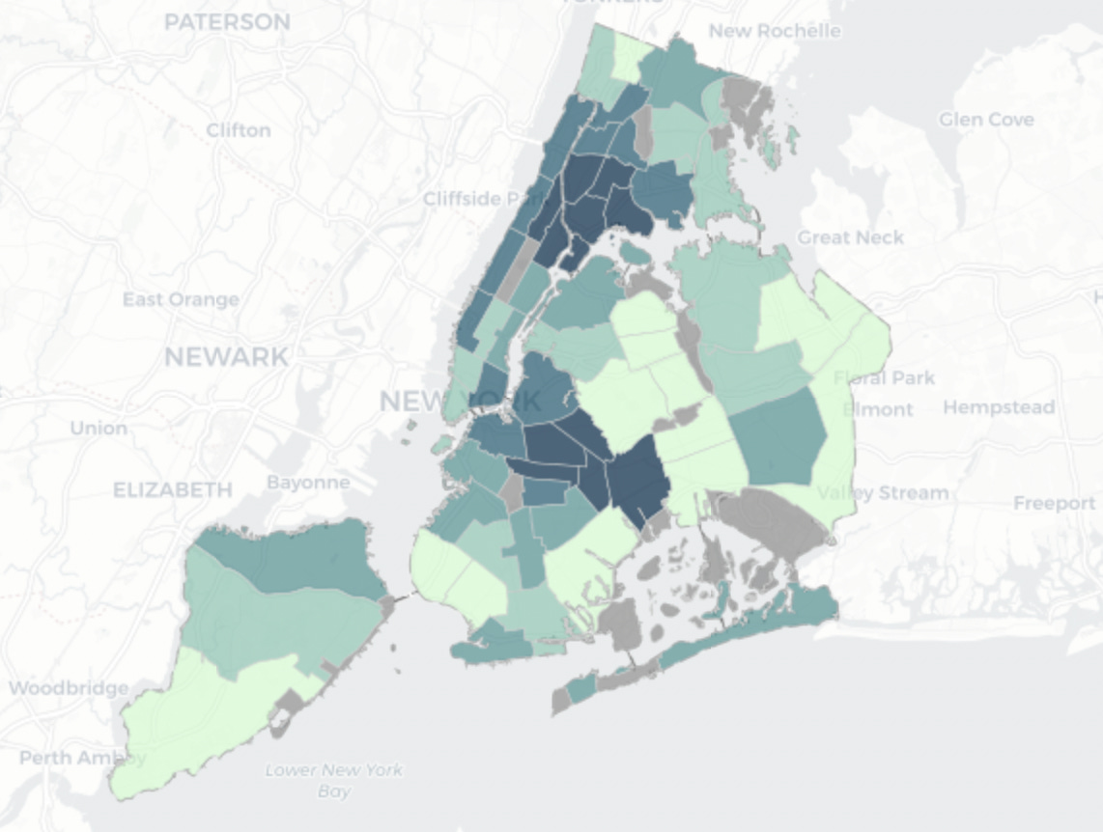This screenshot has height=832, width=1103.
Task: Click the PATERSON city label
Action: click(x=227, y=22)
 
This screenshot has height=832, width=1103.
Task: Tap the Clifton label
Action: click(x=239, y=129)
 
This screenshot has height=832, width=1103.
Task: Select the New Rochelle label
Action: click(x=775, y=31)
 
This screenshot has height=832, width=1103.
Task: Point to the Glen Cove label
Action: click(x=986, y=120)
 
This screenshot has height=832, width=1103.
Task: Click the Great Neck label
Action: click(x=850, y=237)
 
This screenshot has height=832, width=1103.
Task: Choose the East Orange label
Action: click(x=181, y=299)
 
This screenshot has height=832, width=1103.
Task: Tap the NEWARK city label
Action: click(x=226, y=357)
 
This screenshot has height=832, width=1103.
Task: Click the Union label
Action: click(x=99, y=428)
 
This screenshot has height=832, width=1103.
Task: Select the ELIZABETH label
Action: click(x=173, y=490)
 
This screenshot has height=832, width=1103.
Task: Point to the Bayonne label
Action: click(x=308, y=482)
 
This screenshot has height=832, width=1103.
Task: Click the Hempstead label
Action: click(x=999, y=407)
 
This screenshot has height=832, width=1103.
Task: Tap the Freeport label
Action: click(x=1054, y=503)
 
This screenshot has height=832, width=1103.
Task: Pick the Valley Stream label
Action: click(x=883, y=493)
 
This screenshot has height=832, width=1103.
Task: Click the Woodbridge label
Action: click(x=69, y=688)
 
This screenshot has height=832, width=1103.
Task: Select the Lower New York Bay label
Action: click(x=333, y=780)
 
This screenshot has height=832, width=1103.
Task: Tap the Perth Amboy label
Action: click(x=81, y=758)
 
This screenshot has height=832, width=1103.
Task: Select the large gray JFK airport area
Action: click(x=773, y=521)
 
